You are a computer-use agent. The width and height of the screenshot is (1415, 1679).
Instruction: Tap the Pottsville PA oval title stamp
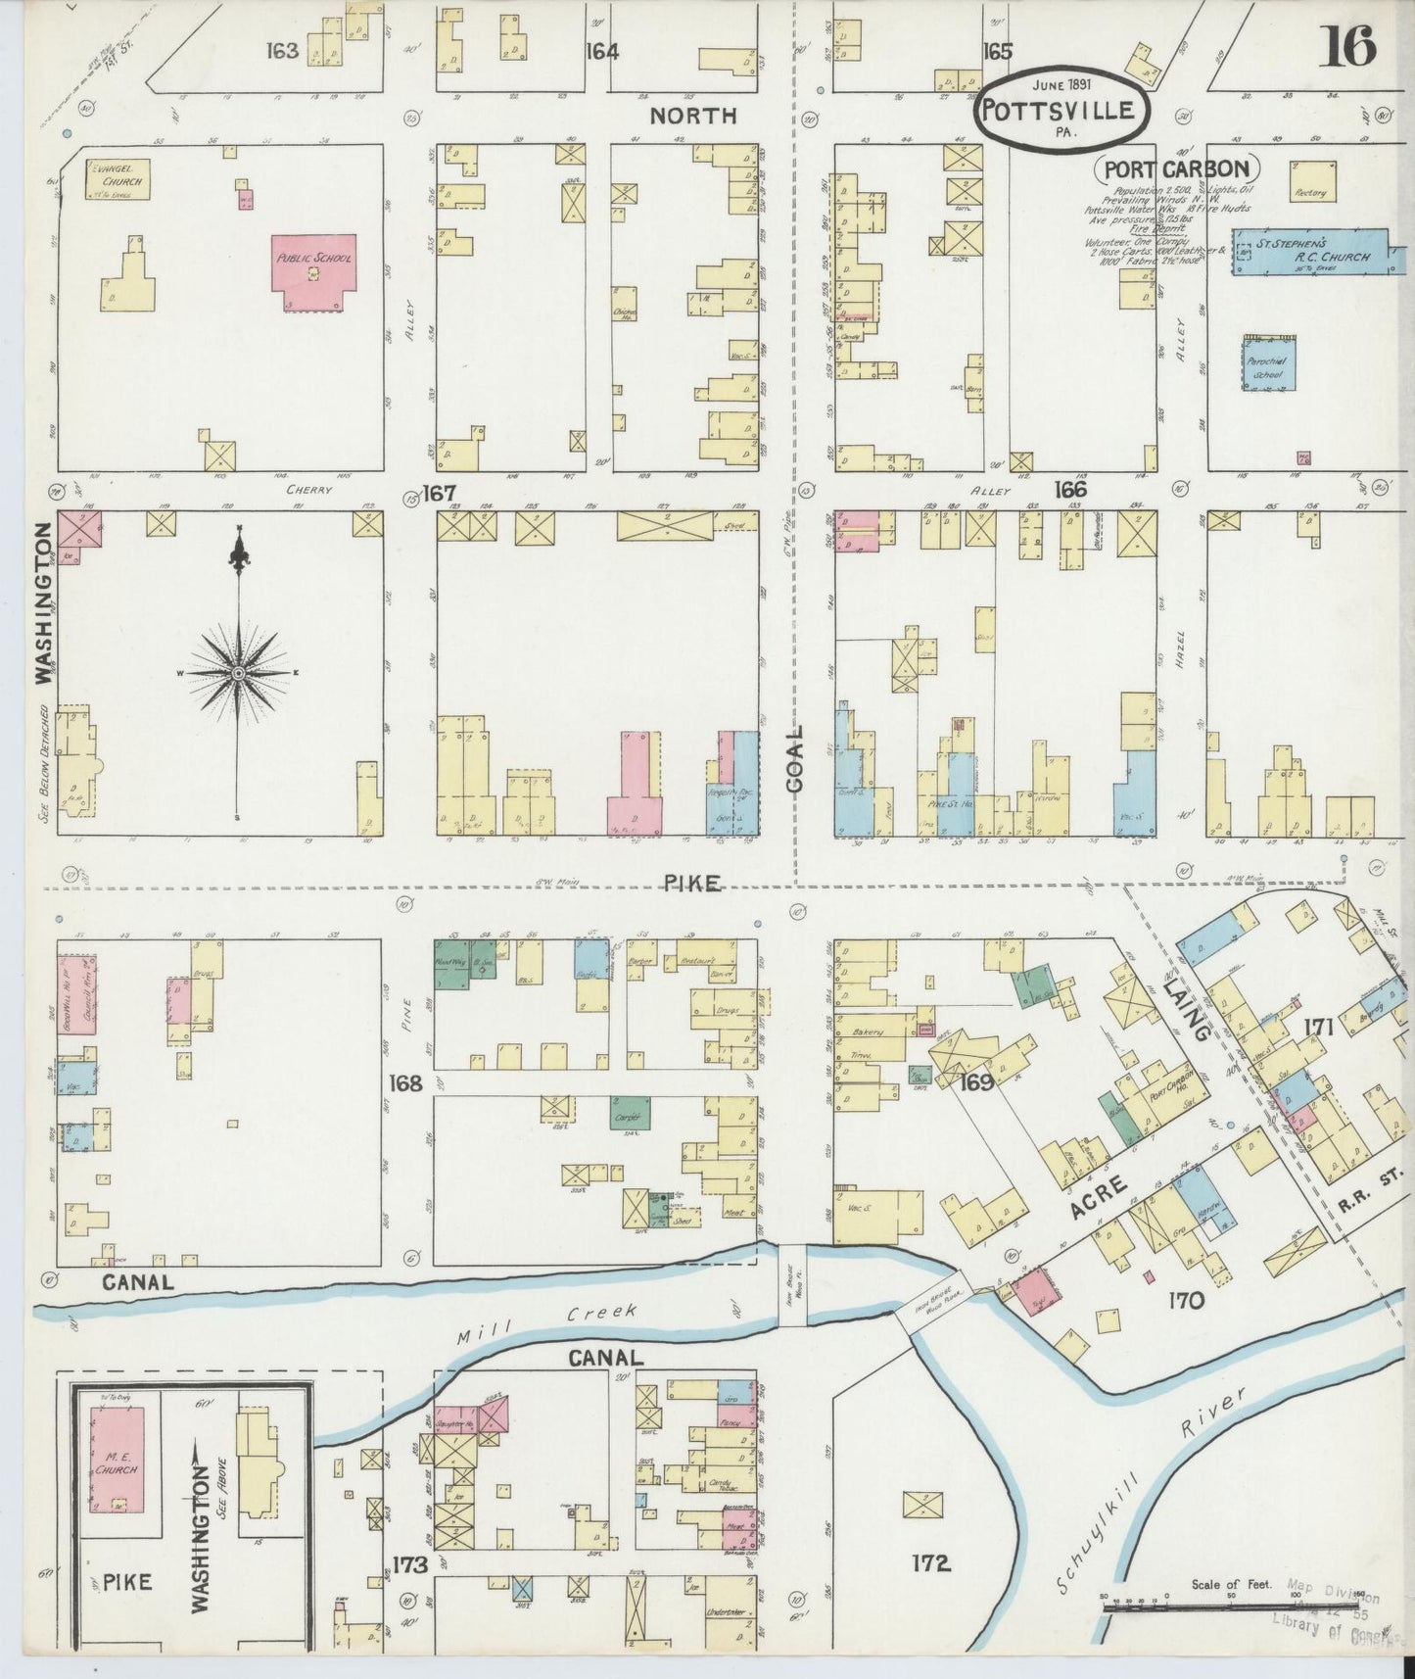click(1060, 111)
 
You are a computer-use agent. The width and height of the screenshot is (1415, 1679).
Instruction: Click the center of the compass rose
click(238, 674)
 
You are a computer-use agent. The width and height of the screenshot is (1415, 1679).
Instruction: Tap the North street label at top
click(693, 116)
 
